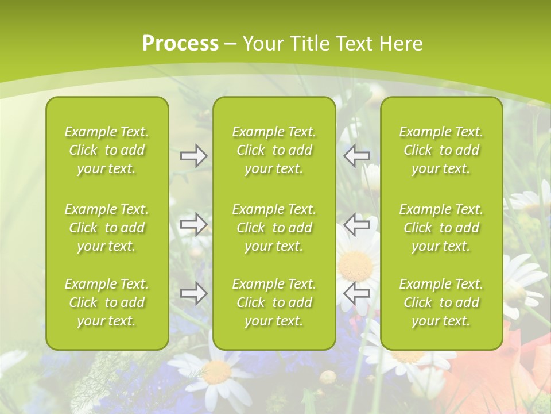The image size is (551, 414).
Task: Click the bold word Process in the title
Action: [180, 44]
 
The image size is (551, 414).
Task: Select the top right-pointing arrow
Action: [193, 156]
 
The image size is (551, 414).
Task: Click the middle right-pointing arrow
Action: [193, 224]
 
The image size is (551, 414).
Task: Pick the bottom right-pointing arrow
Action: [193, 293]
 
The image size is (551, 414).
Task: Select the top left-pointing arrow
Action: [357, 156]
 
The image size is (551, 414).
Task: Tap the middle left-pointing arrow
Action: [357, 224]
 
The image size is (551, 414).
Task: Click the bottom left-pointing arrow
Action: [357, 293]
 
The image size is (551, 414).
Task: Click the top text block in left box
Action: [107, 150]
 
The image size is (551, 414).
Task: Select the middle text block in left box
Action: [107, 228]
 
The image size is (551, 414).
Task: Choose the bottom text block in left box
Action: [107, 302]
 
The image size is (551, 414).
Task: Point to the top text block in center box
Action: [274, 150]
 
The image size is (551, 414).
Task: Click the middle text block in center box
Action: [274, 228]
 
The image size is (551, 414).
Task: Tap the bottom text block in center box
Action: [274, 302]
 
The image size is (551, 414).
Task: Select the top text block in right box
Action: [441, 150]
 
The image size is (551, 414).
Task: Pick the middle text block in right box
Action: [441, 228]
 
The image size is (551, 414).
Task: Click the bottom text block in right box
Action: [441, 302]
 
